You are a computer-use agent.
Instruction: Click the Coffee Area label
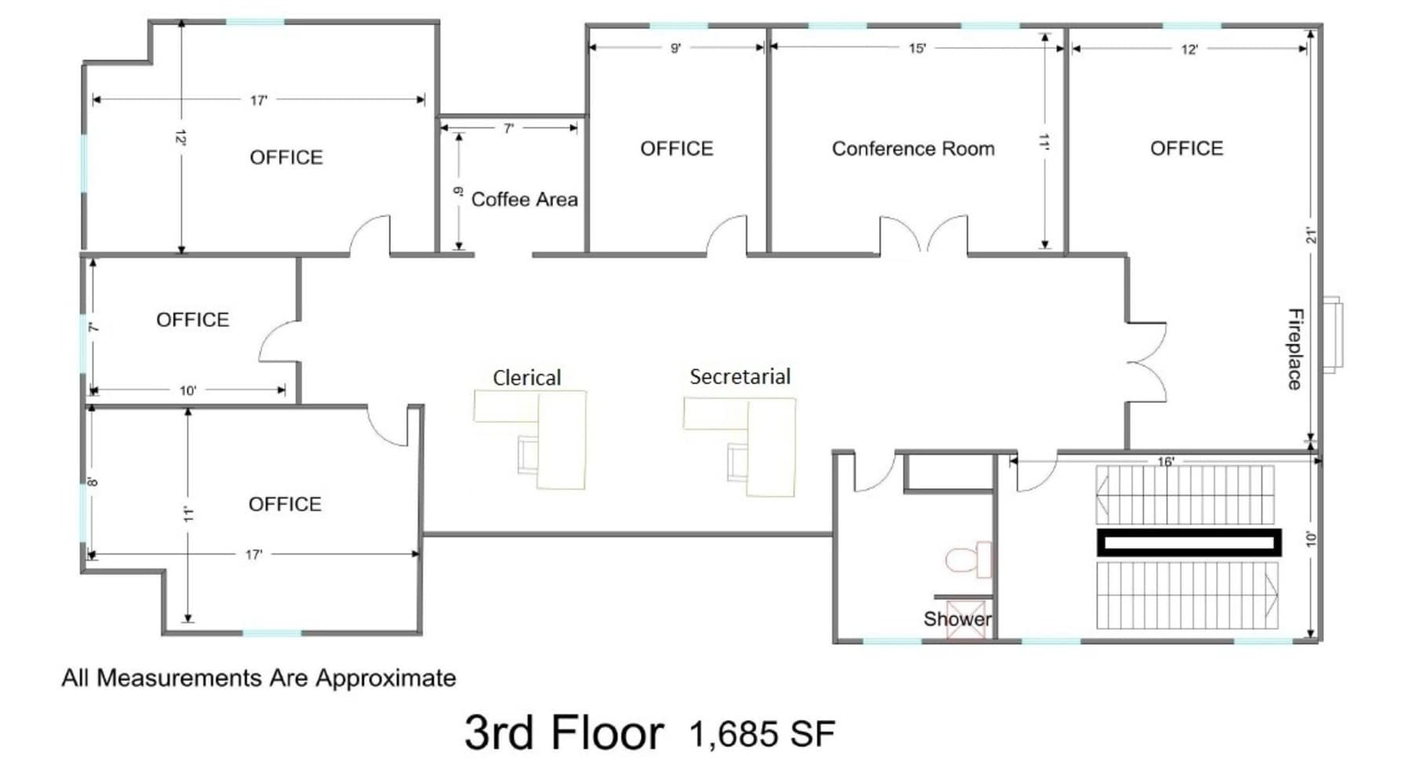(524, 200)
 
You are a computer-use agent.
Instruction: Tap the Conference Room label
(912, 149)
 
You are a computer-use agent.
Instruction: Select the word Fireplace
(1295, 349)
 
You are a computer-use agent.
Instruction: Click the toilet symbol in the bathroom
(968, 560)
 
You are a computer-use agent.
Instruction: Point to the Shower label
(956, 619)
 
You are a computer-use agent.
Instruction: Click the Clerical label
(526, 378)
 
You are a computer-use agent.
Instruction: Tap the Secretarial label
(740, 377)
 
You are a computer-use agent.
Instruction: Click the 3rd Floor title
(563, 732)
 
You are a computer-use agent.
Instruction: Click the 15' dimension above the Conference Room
(917, 49)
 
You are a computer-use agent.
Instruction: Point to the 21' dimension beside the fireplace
(1311, 235)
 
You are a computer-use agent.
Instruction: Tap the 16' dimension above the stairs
(1166, 462)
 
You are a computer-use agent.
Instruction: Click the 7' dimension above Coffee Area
(508, 129)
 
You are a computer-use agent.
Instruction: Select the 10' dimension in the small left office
(187, 391)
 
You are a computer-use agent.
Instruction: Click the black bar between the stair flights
(1188, 543)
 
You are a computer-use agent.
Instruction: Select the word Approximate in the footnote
(385, 678)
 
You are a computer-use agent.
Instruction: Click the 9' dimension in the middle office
(675, 49)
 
